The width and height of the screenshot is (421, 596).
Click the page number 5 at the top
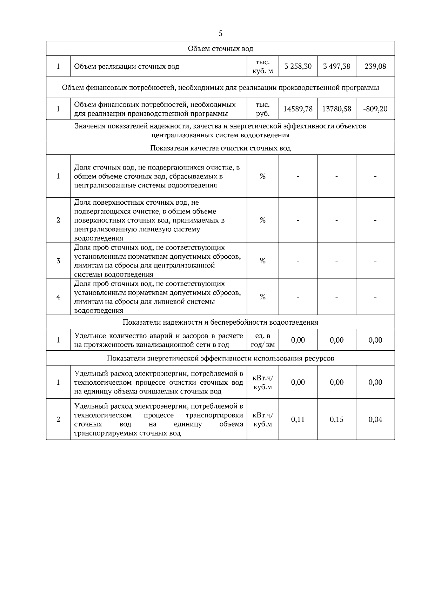[x=220, y=33]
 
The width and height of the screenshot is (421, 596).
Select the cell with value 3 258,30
[x=298, y=66]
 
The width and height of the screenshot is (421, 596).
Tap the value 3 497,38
[x=336, y=66]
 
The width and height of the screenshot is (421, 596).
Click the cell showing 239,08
[x=375, y=66]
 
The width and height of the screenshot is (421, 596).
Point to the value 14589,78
[x=298, y=109]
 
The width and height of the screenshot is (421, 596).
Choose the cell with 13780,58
[x=336, y=109]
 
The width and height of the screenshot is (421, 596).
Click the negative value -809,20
[x=375, y=109]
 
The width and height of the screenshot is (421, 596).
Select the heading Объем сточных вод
[x=220, y=48]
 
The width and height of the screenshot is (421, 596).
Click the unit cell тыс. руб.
[x=262, y=109]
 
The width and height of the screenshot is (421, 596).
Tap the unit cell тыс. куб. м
[x=262, y=66]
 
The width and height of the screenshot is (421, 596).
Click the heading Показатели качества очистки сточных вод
[x=220, y=148]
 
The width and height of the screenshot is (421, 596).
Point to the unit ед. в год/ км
[x=262, y=340]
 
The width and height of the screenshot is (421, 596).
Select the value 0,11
[x=298, y=419]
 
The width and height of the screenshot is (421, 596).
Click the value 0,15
[x=336, y=419]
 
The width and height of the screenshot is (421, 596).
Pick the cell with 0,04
[x=375, y=419]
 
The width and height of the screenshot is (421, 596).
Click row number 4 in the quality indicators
[x=58, y=297]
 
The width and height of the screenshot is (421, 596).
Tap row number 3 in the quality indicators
[x=58, y=261]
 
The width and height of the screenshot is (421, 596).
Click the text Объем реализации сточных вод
[x=127, y=66]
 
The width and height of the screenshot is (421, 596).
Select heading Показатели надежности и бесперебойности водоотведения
[x=220, y=322]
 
